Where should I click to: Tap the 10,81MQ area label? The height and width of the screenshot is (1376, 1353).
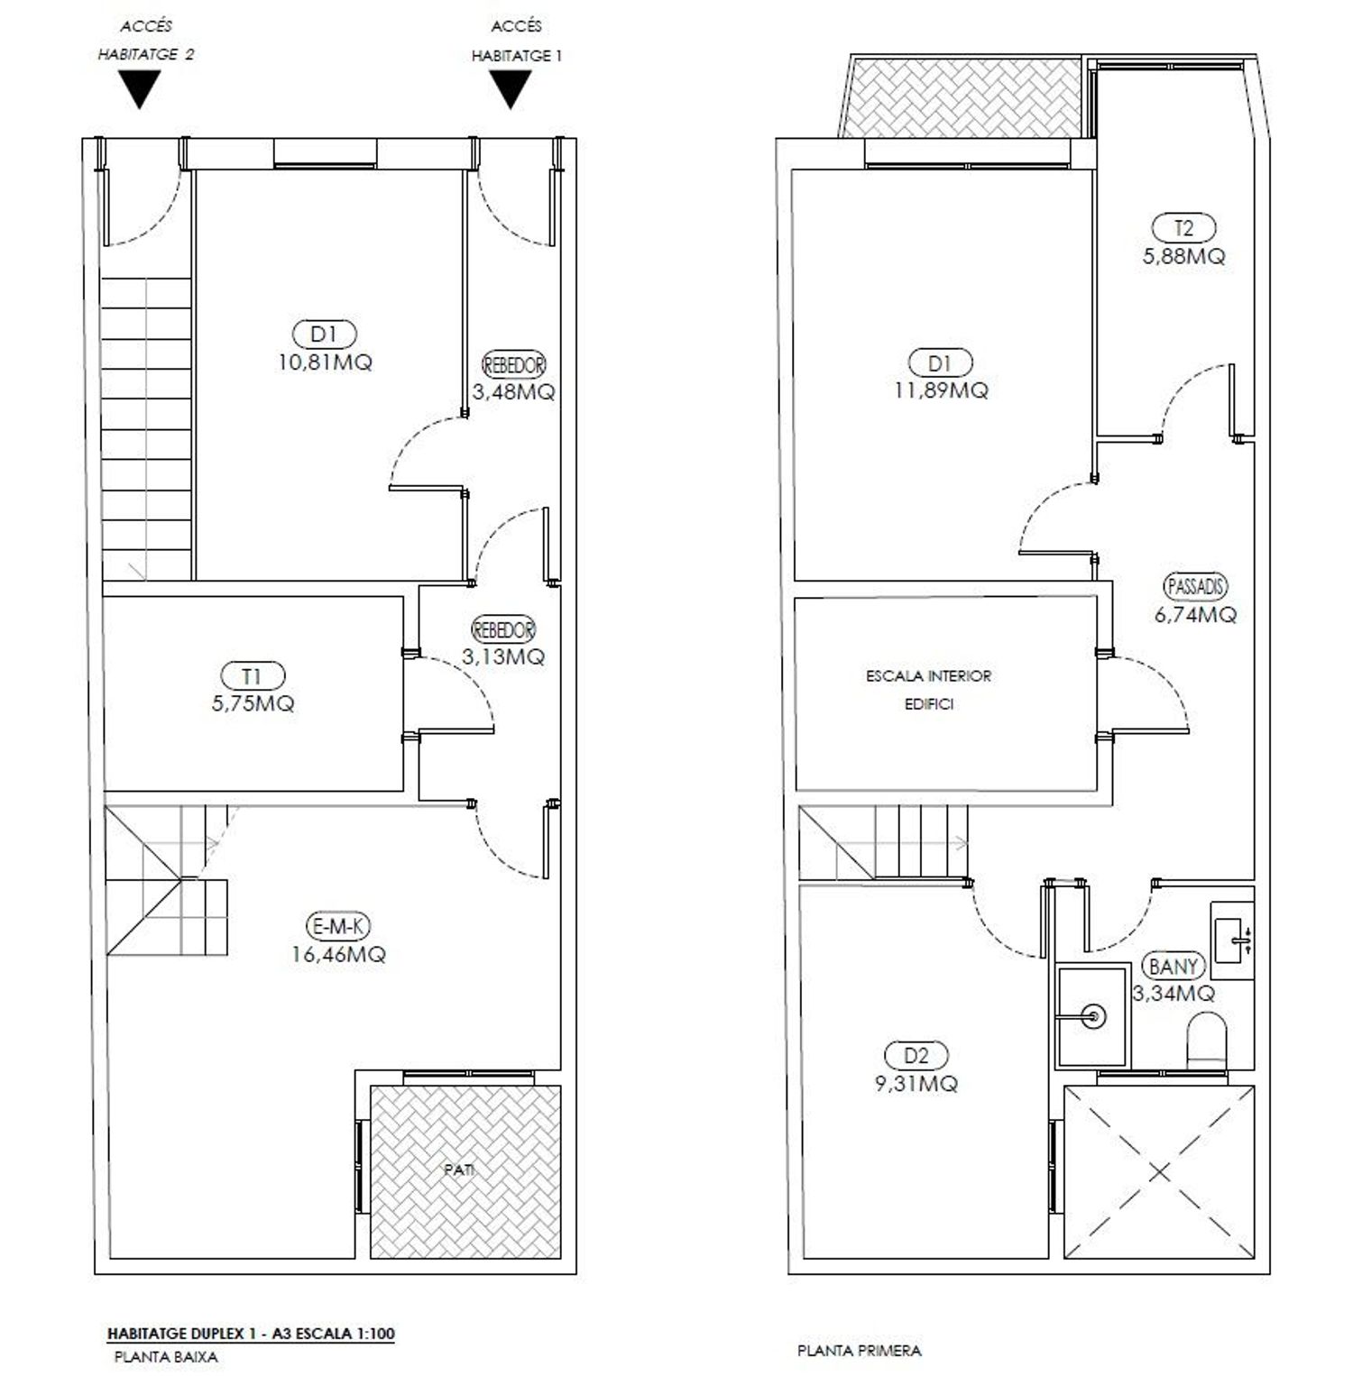[x=325, y=362]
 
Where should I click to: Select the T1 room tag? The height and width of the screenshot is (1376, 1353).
[x=253, y=675]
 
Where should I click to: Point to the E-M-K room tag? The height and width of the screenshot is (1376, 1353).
[x=338, y=925]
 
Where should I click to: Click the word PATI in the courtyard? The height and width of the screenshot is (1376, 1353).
[x=459, y=1170]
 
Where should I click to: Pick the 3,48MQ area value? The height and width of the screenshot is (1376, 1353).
[x=513, y=392]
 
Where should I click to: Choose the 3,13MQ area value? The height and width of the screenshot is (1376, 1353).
[x=503, y=656]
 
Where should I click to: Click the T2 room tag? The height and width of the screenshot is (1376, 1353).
[x=1183, y=228]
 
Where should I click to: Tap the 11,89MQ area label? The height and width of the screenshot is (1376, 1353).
[x=941, y=390]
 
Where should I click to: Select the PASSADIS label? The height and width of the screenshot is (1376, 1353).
[x=1196, y=586]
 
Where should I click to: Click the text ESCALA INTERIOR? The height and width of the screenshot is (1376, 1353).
[x=928, y=675]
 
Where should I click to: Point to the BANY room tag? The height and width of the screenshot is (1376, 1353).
[x=1174, y=967]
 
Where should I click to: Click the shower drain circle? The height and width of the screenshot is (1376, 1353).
[x=1096, y=1015]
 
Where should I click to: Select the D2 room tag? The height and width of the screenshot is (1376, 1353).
[x=916, y=1055]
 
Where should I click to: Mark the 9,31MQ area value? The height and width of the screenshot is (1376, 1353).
[x=916, y=1083]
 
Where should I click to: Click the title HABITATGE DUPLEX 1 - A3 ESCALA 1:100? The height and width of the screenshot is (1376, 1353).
[x=251, y=1334]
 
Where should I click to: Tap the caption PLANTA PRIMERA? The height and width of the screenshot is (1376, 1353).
[x=860, y=1351]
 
